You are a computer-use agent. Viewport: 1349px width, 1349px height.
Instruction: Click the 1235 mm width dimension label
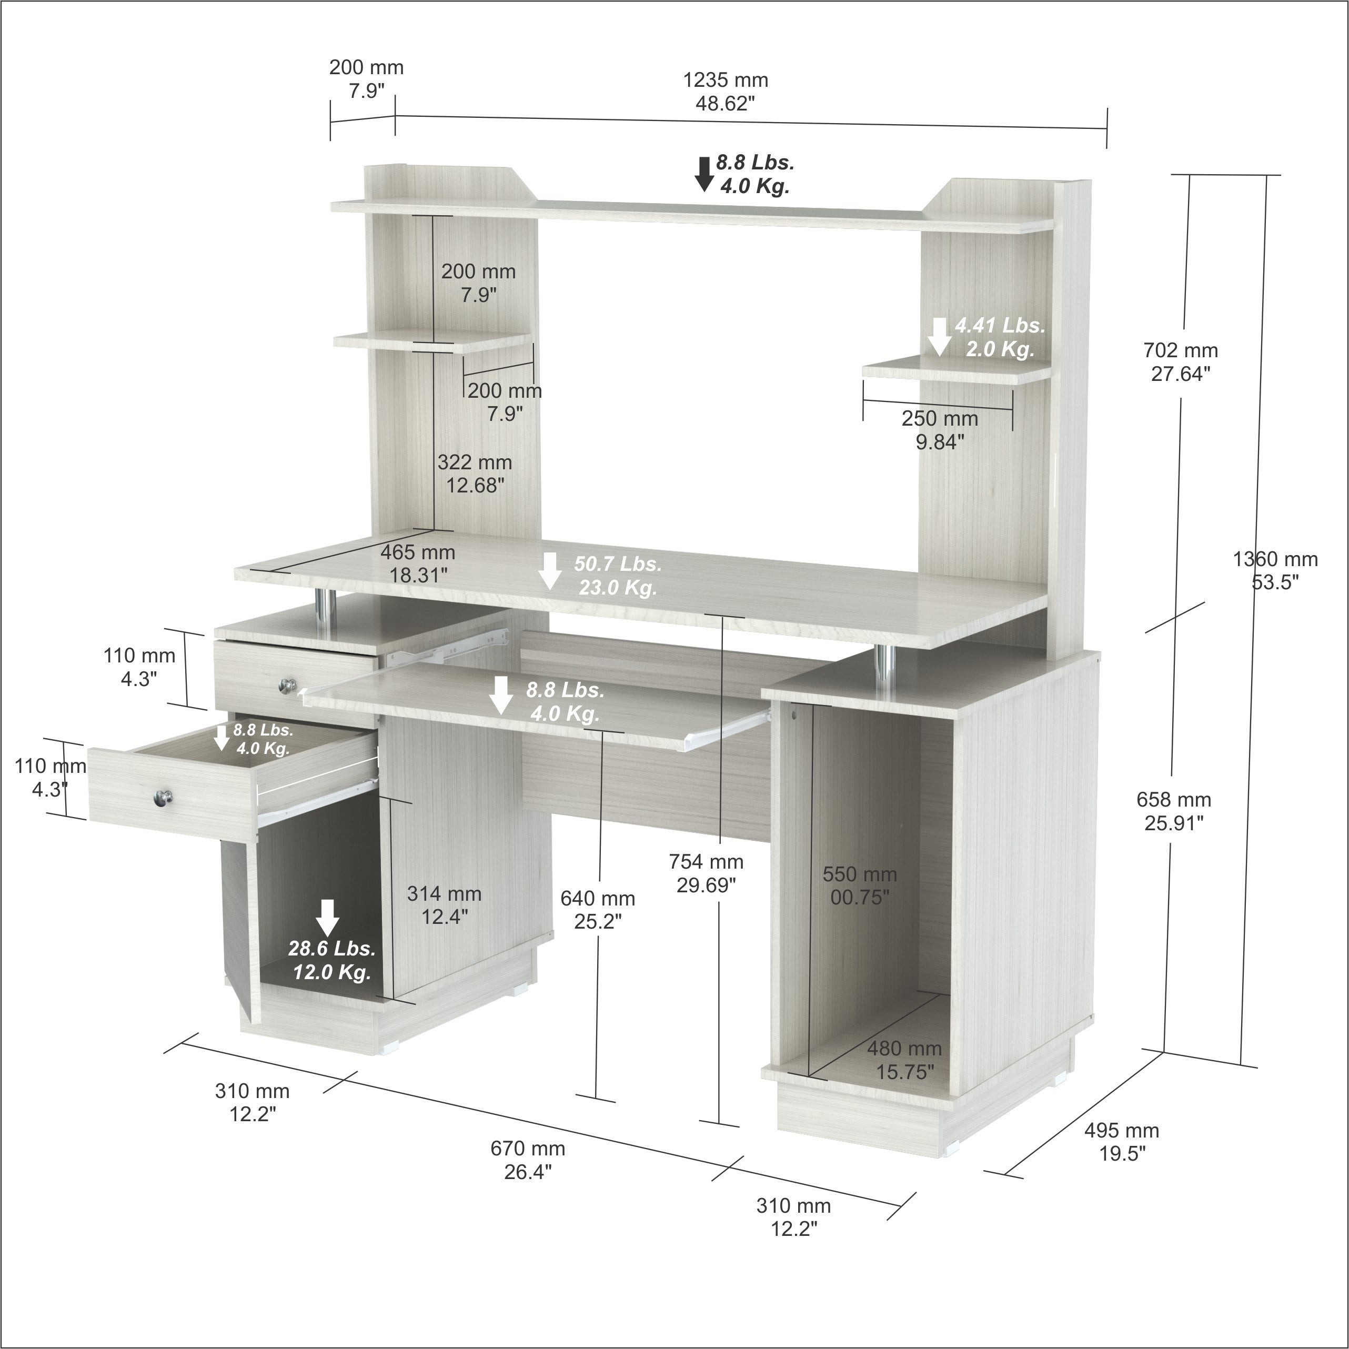[x=725, y=92]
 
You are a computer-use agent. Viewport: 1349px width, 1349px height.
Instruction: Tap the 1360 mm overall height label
[x=1275, y=570]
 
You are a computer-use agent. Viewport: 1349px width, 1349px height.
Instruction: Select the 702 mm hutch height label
[x=1180, y=361]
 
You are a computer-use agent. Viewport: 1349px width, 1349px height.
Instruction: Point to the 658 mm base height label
[x=1174, y=811]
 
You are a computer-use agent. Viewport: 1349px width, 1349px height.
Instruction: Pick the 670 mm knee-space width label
[x=528, y=1160]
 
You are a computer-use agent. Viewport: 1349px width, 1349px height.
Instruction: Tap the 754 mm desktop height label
[x=706, y=873]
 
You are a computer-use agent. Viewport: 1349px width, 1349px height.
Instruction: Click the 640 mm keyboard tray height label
[x=598, y=909]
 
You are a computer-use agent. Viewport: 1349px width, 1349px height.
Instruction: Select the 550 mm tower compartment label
[x=860, y=885]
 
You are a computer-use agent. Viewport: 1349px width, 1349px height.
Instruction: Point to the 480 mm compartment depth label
[x=904, y=1060]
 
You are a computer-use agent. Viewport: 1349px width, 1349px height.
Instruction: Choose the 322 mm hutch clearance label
[x=475, y=474]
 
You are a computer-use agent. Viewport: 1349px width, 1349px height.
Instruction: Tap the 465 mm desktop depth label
[x=418, y=563]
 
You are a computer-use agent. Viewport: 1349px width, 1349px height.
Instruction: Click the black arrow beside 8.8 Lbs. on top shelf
[x=704, y=174]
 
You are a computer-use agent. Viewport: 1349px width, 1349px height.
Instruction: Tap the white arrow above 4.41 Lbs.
[x=940, y=337]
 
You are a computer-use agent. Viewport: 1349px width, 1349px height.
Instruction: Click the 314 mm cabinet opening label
[x=444, y=905]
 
